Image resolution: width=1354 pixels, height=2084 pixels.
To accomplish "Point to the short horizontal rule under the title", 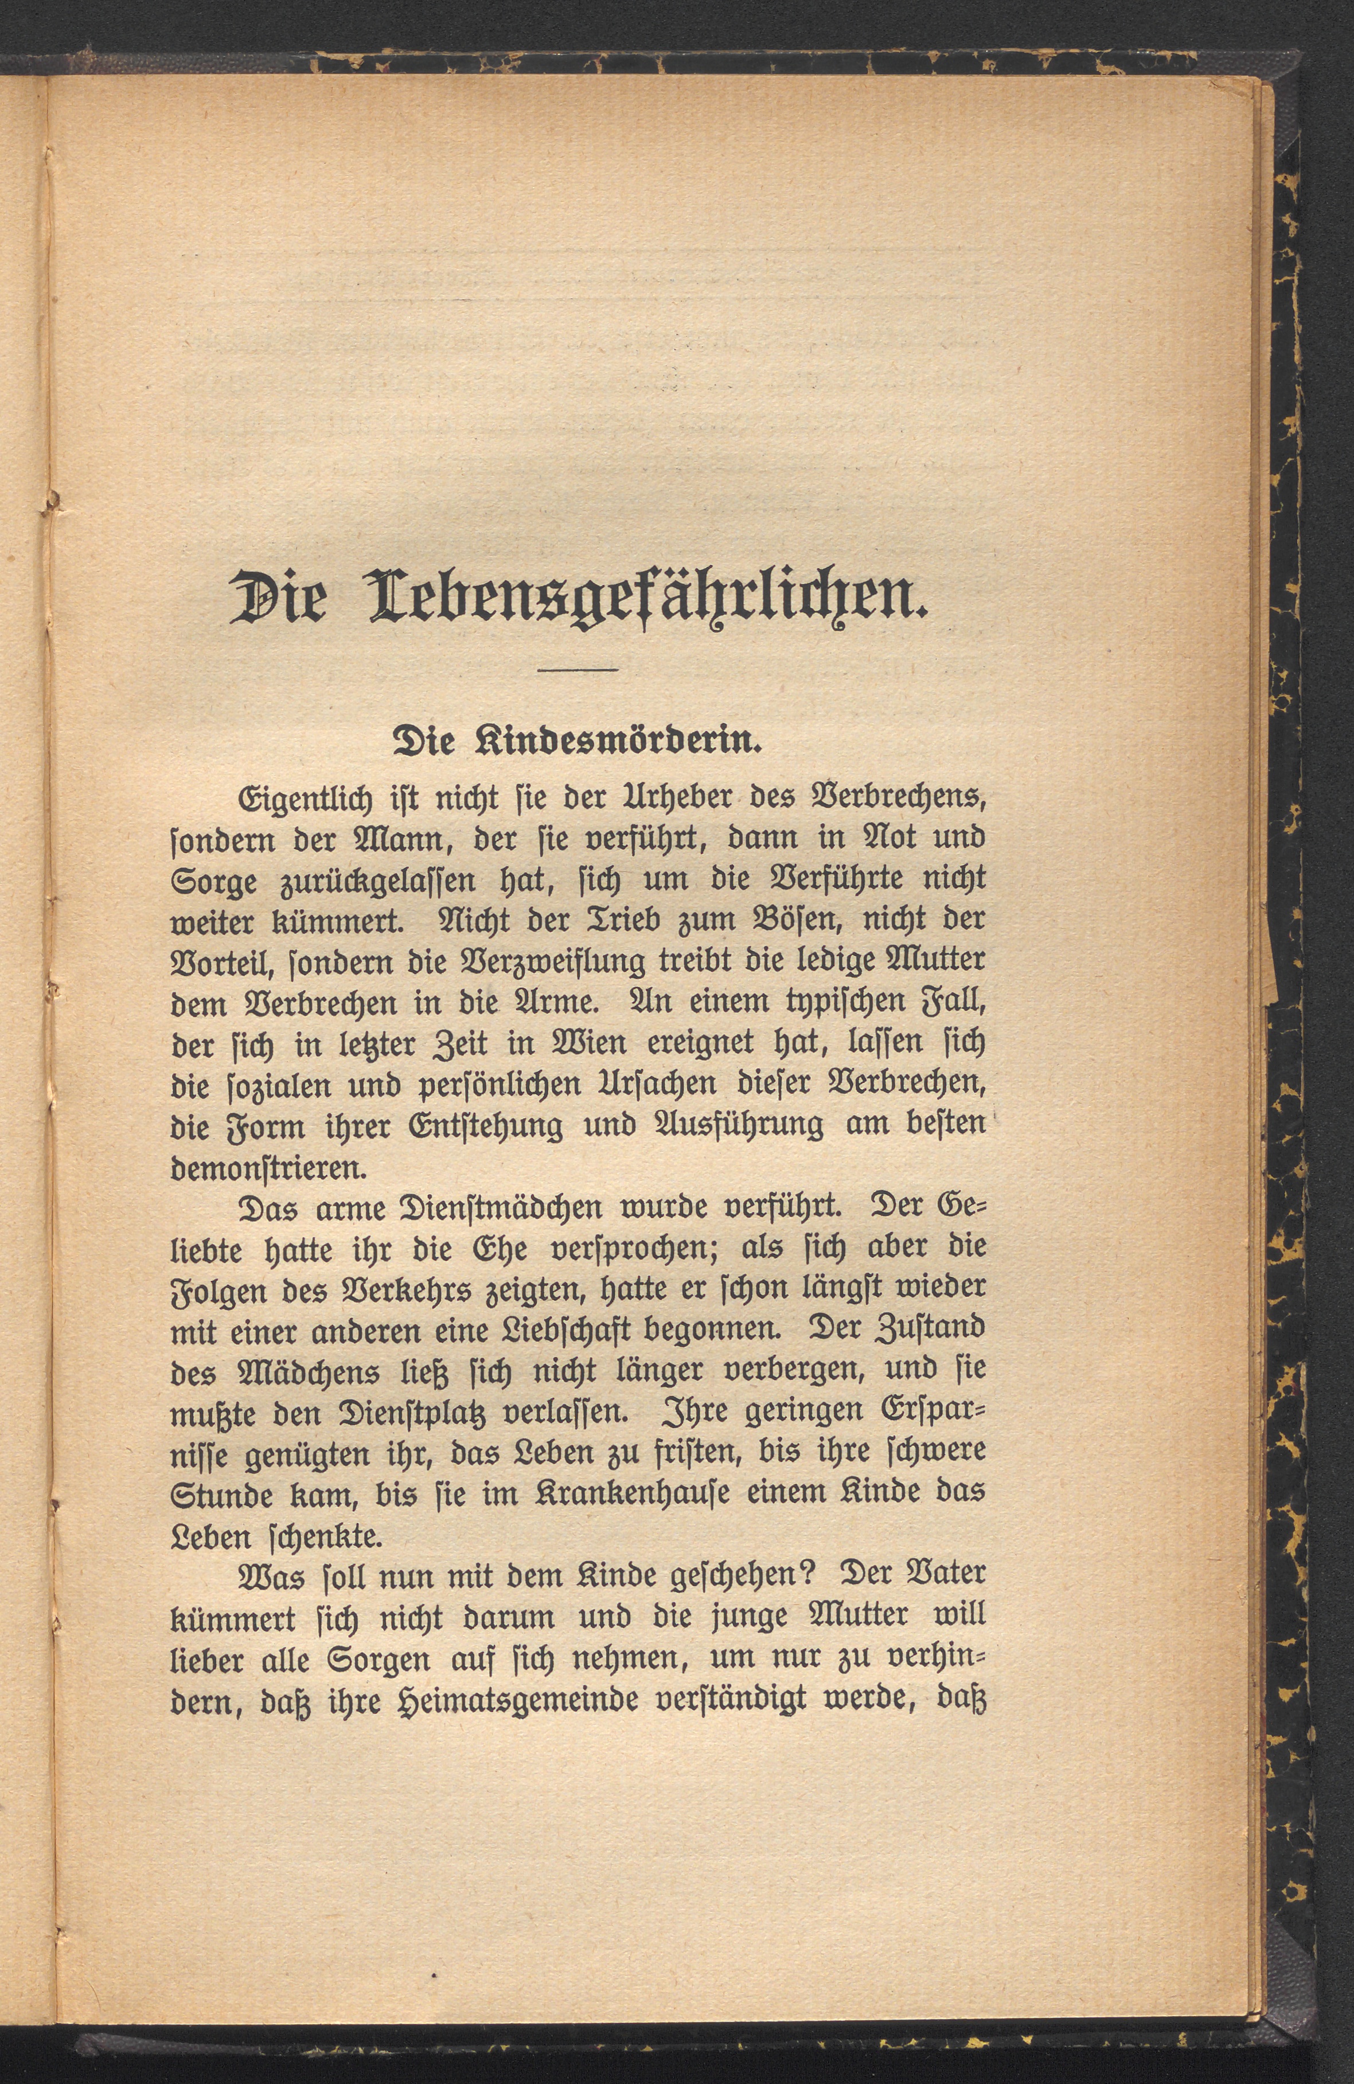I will coord(578,671).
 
